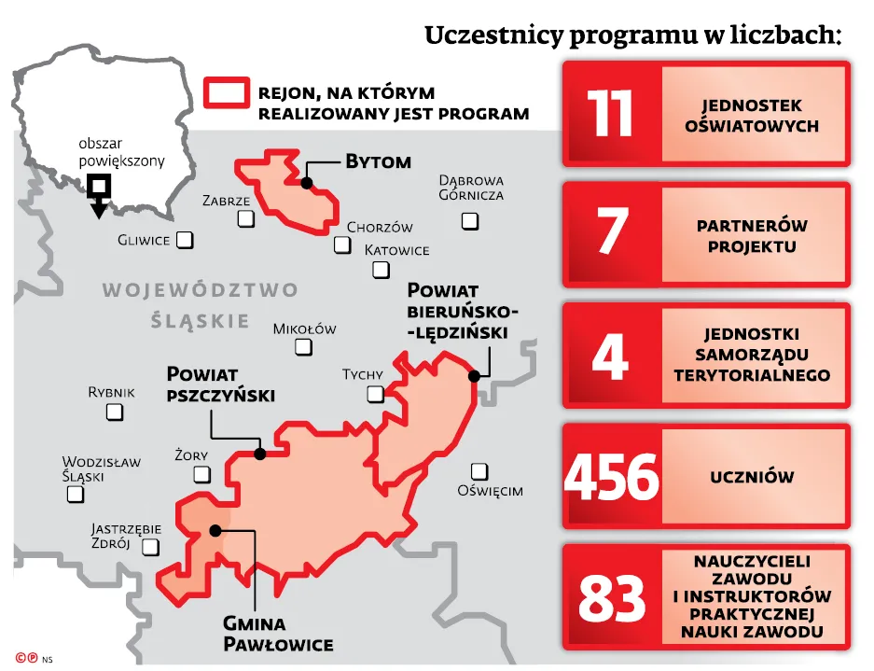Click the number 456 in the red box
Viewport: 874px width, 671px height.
coord(611,478)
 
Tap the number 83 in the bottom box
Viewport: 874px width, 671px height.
coord(611,598)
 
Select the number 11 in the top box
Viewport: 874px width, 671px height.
coord(611,114)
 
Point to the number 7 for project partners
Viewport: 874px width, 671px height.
coord(611,234)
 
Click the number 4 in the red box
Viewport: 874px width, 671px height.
coord(611,356)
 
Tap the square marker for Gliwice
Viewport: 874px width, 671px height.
coord(185,240)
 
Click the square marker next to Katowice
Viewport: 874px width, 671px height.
coord(381,270)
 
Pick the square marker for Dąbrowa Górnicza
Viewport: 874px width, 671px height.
coord(470,221)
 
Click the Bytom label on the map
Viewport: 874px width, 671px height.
coord(378,161)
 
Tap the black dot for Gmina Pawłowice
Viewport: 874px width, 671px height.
coord(215,530)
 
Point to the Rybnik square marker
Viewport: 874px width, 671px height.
coord(115,412)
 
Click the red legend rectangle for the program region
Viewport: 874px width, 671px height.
coord(227,93)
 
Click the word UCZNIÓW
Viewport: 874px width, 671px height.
coord(752,477)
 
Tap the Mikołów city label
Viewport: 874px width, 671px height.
coord(304,329)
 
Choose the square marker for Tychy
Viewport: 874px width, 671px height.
coord(375,394)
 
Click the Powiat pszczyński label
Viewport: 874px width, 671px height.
coord(220,384)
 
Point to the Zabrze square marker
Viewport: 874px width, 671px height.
coord(245,219)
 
